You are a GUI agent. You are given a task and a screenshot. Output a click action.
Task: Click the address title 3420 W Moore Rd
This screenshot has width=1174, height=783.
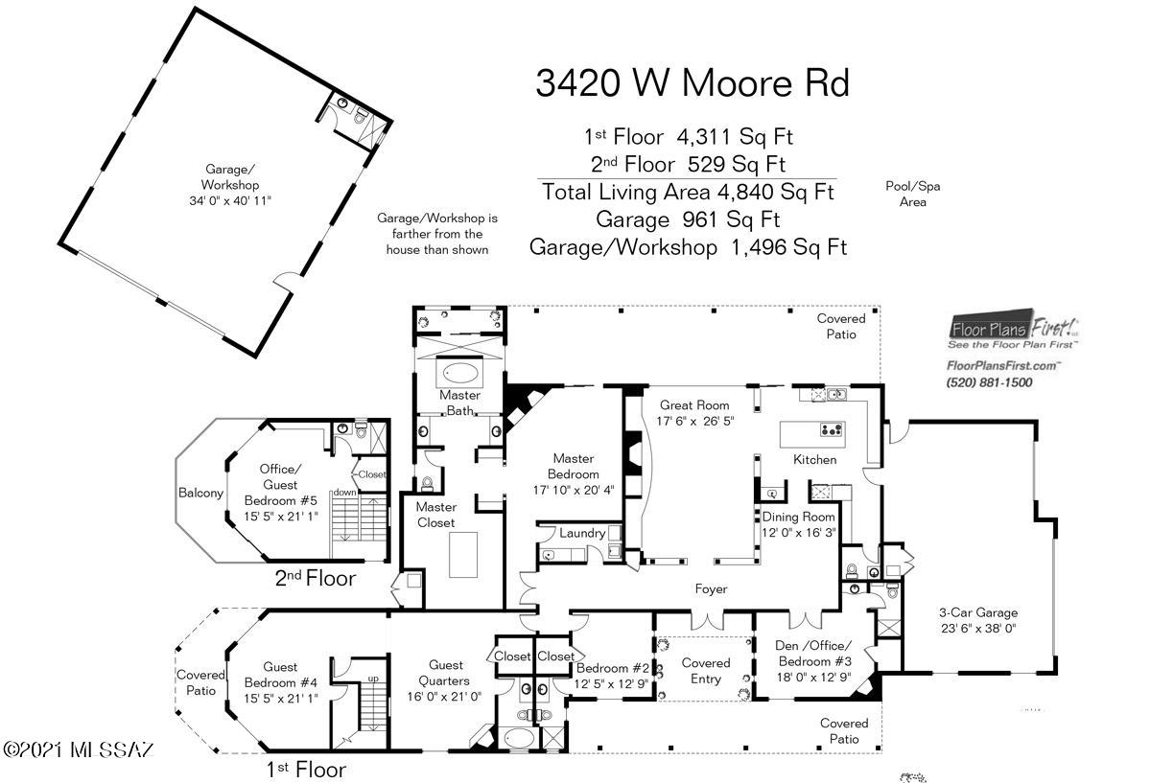pyautogui.click(x=692, y=82)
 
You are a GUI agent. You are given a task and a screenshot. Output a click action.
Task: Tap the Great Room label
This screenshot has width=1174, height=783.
pyautogui.click(x=694, y=404)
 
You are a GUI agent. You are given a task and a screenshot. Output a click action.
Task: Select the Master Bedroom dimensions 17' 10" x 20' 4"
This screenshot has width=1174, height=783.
pyautogui.click(x=574, y=491)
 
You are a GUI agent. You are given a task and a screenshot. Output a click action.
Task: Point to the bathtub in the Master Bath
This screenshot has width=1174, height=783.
pyautogui.click(x=460, y=374)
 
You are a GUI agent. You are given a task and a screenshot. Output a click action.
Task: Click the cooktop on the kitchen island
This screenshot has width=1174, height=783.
pyautogui.click(x=832, y=430)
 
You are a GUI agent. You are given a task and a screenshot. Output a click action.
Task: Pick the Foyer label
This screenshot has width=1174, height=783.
pyautogui.click(x=711, y=588)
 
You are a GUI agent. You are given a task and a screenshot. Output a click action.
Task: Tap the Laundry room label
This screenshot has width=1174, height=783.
pyautogui.click(x=582, y=533)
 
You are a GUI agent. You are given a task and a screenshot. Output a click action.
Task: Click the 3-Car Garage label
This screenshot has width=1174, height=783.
pyautogui.click(x=978, y=612)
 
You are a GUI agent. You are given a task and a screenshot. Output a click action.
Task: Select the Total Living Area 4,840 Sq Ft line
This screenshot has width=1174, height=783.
pyautogui.click(x=687, y=192)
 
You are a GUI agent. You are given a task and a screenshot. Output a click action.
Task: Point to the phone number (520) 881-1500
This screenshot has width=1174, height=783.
pyautogui.click(x=989, y=382)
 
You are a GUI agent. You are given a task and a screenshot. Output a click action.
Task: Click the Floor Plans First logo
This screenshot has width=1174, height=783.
pyautogui.click(x=1013, y=329)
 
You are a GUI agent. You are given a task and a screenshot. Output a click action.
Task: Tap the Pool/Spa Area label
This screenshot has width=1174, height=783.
pyautogui.click(x=912, y=194)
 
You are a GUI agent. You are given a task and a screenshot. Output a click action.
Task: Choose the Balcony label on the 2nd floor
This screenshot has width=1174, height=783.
pyautogui.click(x=200, y=493)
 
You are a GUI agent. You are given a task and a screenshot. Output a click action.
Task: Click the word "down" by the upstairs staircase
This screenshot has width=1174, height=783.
pyautogui.click(x=345, y=493)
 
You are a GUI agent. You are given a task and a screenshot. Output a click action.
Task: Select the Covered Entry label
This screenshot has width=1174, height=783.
pyautogui.click(x=705, y=671)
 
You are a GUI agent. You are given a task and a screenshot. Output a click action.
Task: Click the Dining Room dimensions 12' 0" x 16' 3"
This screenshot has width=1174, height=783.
pyautogui.click(x=798, y=533)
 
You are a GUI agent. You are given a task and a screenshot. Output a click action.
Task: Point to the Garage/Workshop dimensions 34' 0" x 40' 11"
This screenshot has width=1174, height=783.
pyautogui.click(x=230, y=200)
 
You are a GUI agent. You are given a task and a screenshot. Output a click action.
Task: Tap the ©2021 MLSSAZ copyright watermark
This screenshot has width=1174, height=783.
pyautogui.click(x=78, y=749)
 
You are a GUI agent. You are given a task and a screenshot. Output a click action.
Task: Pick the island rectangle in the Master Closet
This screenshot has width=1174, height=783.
pyautogui.click(x=463, y=555)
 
